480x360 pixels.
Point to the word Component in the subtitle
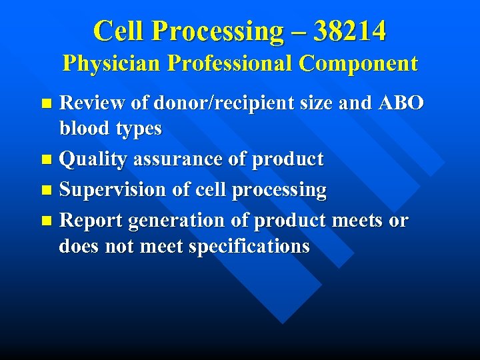tap(358, 63)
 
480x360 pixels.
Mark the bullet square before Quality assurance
tap(45, 160)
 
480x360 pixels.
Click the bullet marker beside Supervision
tap(45, 191)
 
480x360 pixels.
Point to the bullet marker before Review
tap(45, 103)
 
